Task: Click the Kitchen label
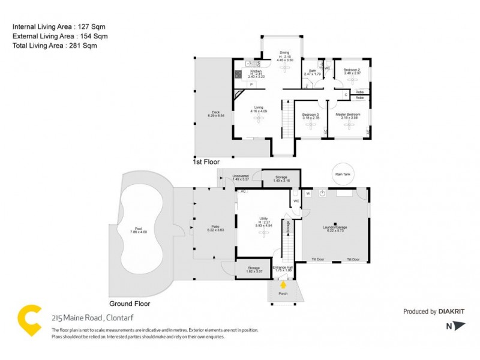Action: [256, 71]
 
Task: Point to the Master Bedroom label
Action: [348, 114]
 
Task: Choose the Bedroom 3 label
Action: [310, 114]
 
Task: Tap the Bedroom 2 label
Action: [352, 70]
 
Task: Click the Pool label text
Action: [139, 229]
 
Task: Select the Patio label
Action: [214, 226]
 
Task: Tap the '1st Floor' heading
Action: [206, 162]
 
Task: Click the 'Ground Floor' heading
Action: [129, 304]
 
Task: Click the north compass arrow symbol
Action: [459, 326]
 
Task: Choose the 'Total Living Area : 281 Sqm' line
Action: [55, 45]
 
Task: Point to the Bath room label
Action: [312, 71]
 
